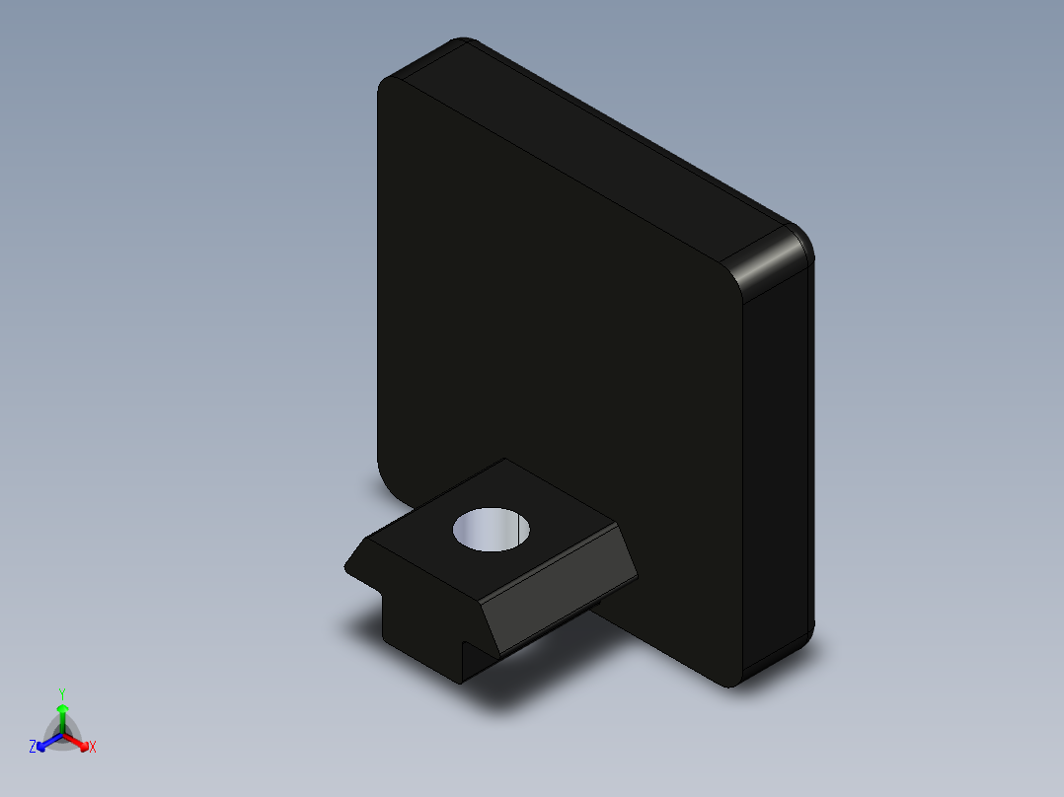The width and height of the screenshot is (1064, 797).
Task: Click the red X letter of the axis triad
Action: coord(93,748)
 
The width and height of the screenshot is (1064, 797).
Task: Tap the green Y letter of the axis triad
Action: coord(62,693)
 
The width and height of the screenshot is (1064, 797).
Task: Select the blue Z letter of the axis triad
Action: coord(33,748)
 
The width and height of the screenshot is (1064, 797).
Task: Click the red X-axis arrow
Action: coord(80,741)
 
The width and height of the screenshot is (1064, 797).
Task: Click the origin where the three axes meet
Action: coord(62,734)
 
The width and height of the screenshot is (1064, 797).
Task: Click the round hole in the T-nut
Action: coord(492,531)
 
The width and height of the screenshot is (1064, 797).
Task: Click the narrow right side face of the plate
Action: coord(780,464)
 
